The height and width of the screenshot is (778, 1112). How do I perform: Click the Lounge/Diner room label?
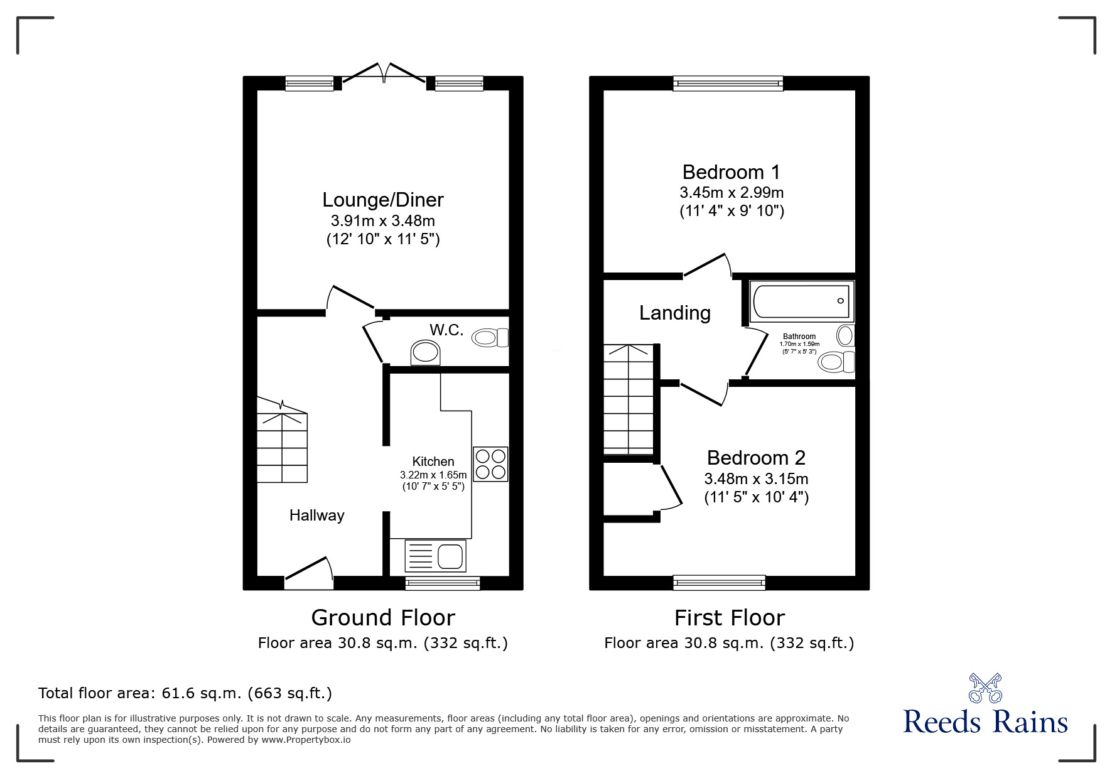[383, 200]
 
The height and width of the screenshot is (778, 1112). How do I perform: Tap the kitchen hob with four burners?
[490, 464]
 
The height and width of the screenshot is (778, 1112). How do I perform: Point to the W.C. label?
[446, 330]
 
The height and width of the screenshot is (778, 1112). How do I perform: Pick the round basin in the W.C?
[425, 353]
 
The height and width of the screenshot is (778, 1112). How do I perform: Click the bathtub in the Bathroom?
[801, 301]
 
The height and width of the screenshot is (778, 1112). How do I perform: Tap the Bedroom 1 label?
[731, 171]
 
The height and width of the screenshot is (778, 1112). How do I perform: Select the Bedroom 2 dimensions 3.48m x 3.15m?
[756, 479]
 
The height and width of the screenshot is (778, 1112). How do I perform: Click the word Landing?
[675, 313]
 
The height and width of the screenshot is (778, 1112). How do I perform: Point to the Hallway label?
[317, 516]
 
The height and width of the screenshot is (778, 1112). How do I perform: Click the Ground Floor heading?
[383, 618]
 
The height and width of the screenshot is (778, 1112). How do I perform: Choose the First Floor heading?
[730, 618]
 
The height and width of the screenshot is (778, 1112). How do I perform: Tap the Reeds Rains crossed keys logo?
[986, 688]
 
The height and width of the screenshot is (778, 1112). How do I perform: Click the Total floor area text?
[185, 693]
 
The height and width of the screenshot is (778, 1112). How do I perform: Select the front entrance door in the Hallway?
[308, 573]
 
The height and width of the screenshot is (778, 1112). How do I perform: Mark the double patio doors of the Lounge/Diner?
[384, 72]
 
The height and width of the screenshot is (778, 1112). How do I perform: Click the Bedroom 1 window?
[728, 83]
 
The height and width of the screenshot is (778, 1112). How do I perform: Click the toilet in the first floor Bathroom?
[837, 362]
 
